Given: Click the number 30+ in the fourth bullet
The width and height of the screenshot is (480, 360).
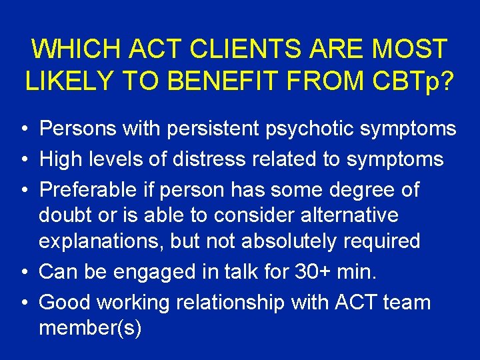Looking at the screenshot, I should point(307,272).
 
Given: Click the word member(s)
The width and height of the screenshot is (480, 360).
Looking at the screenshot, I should point(90,329).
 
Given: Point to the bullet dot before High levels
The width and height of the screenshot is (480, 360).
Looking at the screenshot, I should point(23,159).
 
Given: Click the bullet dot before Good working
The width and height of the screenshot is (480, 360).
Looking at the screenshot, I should point(23,303).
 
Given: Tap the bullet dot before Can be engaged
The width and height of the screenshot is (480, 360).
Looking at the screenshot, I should point(23,273).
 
